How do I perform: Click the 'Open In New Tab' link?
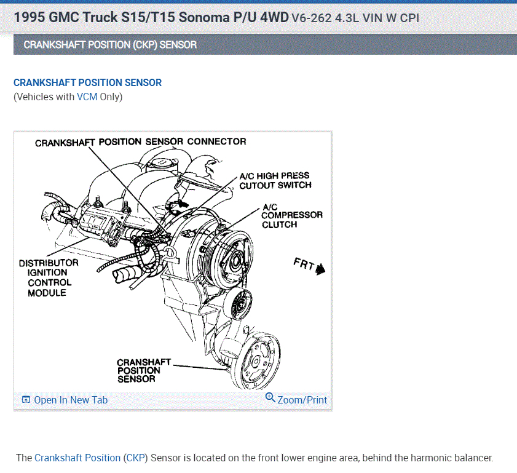pos(70,400)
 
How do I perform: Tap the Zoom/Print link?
pos(302,400)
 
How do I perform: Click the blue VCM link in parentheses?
pos(87,97)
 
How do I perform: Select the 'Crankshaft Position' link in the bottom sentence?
pos(77,458)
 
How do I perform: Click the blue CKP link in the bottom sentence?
pos(135,458)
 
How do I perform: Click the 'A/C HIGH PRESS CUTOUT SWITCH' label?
pos(275,180)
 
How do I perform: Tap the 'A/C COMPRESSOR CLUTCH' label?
pos(291,216)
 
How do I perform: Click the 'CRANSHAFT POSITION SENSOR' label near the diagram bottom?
pos(143,370)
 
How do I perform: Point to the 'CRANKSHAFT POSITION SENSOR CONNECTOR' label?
pos(140,142)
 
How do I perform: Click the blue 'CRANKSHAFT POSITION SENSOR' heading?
pos(87,82)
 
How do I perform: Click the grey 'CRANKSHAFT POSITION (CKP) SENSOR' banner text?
pos(110,45)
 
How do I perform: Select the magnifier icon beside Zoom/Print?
pos(270,398)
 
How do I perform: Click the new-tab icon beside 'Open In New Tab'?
pos(26,400)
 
